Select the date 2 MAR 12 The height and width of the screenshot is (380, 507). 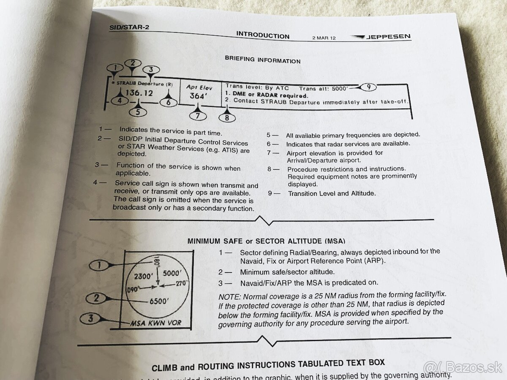(324, 38)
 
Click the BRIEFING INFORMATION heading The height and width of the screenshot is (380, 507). (262, 60)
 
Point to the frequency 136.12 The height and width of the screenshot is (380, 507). (139, 93)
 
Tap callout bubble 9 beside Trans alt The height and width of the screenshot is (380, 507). (368, 87)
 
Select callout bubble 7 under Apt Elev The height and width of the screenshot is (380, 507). (198, 116)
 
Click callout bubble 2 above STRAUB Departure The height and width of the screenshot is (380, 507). (133, 63)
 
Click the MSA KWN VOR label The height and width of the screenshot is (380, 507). (155, 323)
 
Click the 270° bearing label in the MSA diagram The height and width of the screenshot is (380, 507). (182, 284)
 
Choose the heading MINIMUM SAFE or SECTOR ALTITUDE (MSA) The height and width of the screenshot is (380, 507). (266, 241)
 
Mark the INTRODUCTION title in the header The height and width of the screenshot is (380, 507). (262, 35)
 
